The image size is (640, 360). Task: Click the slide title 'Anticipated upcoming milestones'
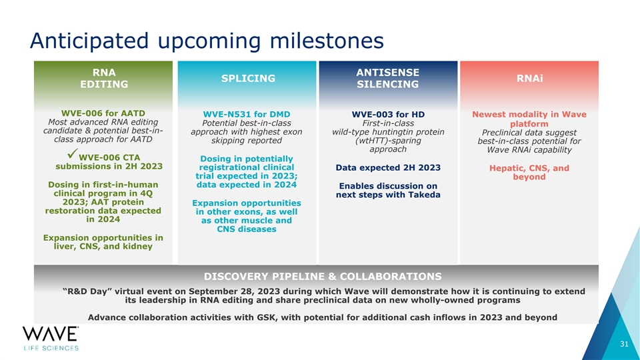point(207,41)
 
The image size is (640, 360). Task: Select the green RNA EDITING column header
point(104,79)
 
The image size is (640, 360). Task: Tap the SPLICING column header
point(248,79)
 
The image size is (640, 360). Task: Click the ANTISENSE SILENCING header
point(388,79)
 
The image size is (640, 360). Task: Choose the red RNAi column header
point(530,79)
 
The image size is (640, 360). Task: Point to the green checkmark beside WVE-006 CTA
point(72,154)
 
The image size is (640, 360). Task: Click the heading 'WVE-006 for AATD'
point(103,113)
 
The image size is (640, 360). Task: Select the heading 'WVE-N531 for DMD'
point(247,114)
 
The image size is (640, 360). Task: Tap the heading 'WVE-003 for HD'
point(388,114)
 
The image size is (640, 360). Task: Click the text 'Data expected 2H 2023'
point(388,168)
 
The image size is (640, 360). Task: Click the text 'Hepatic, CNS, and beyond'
point(529,172)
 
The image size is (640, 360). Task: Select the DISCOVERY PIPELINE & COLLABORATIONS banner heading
point(323,276)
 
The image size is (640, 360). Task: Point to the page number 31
point(625,344)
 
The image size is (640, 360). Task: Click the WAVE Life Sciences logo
point(51,339)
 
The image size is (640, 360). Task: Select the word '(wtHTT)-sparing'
point(388,141)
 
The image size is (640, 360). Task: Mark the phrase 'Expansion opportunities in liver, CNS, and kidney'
point(103,242)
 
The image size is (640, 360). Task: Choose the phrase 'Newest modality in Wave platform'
point(529,119)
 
